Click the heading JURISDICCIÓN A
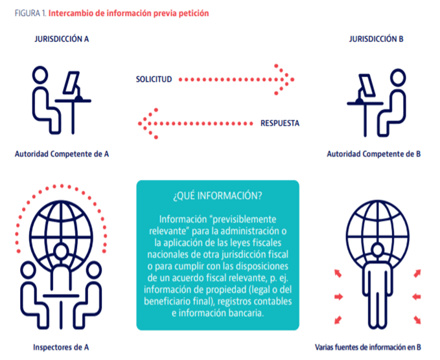[x=62, y=39]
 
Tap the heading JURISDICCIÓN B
[x=376, y=39]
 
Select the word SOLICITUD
[x=154, y=80]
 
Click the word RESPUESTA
[x=280, y=123]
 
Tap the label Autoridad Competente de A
[x=62, y=154]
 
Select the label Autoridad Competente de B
[x=374, y=154]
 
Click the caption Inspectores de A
[x=61, y=347]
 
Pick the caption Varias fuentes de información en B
[x=368, y=347]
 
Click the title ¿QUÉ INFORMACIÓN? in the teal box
[x=218, y=196]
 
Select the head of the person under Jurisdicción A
[x=40, y=74]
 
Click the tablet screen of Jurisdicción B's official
[x=367, y=85]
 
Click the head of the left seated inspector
[x=28, y=270]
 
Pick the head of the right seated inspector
[x=93, y=270]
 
